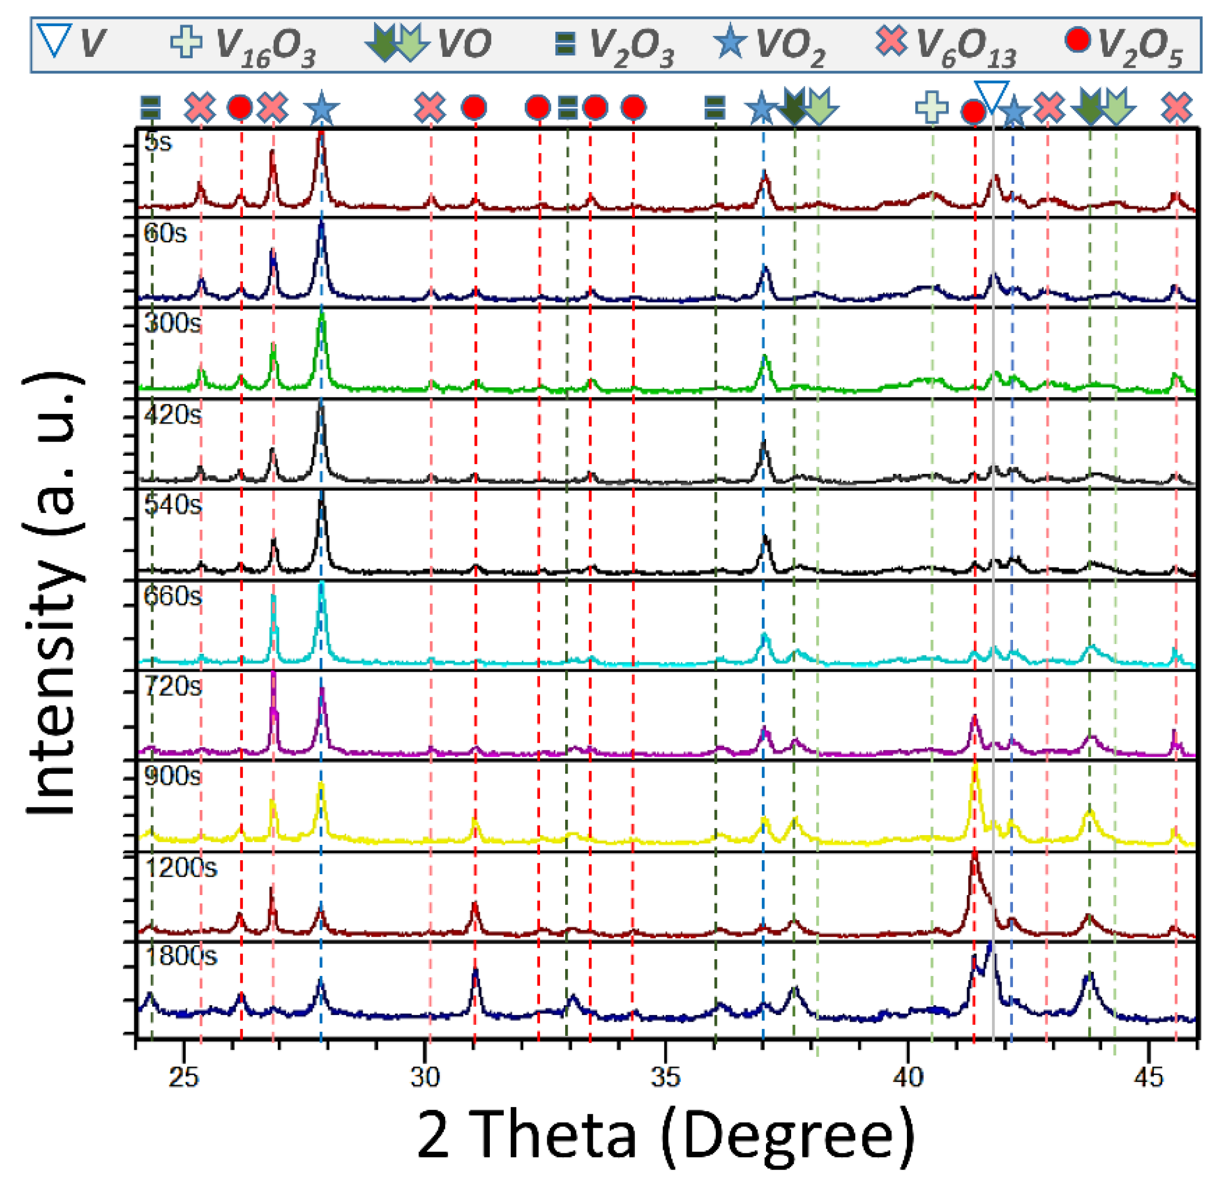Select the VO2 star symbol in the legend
pyautogui.click(x=730, y=43)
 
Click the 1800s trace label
pyautogui.click(x=181, y=956)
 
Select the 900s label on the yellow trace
pyautogui.click(x=173, y=776)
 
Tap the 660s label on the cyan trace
pyautogui.click(x=173, y=597)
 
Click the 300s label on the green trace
pyautogui.click(x=173, y=323)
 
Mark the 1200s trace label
pyautogui.click(x=181, y=867)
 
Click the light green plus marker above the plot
pyautogui.click(x=932, y=107)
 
